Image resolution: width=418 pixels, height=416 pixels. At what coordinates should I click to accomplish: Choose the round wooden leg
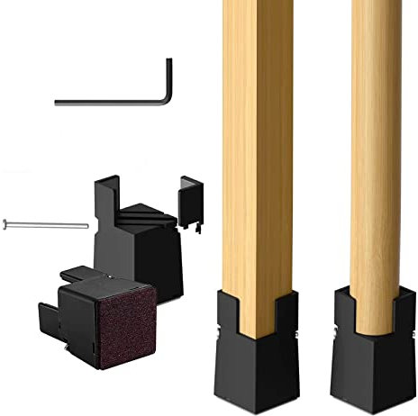[x=376, y=144]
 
